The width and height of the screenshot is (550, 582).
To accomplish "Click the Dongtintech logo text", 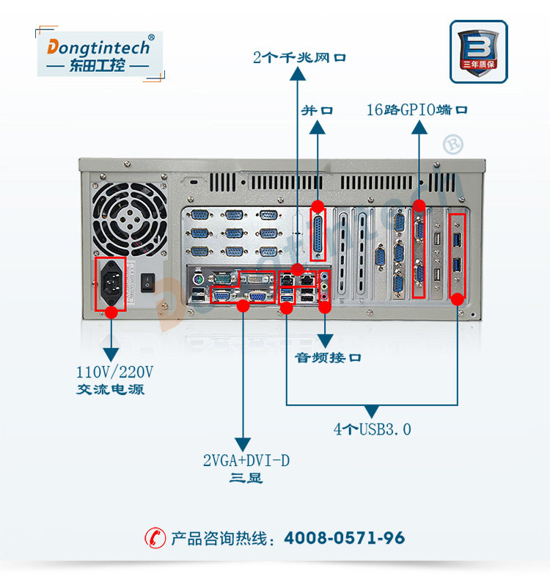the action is [100, 48].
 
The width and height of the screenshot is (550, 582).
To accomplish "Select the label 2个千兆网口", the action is [299, 57].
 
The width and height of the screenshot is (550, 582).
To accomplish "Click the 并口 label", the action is [318, 111].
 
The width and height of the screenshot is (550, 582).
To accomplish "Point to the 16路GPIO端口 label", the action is [417, 111].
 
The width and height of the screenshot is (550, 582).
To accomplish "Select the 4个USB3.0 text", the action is [373, 429].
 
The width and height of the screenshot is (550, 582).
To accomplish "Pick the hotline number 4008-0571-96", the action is [344, 538].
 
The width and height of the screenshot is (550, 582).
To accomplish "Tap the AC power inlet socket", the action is [111, 283].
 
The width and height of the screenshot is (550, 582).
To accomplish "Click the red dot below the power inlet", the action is [111, 313].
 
